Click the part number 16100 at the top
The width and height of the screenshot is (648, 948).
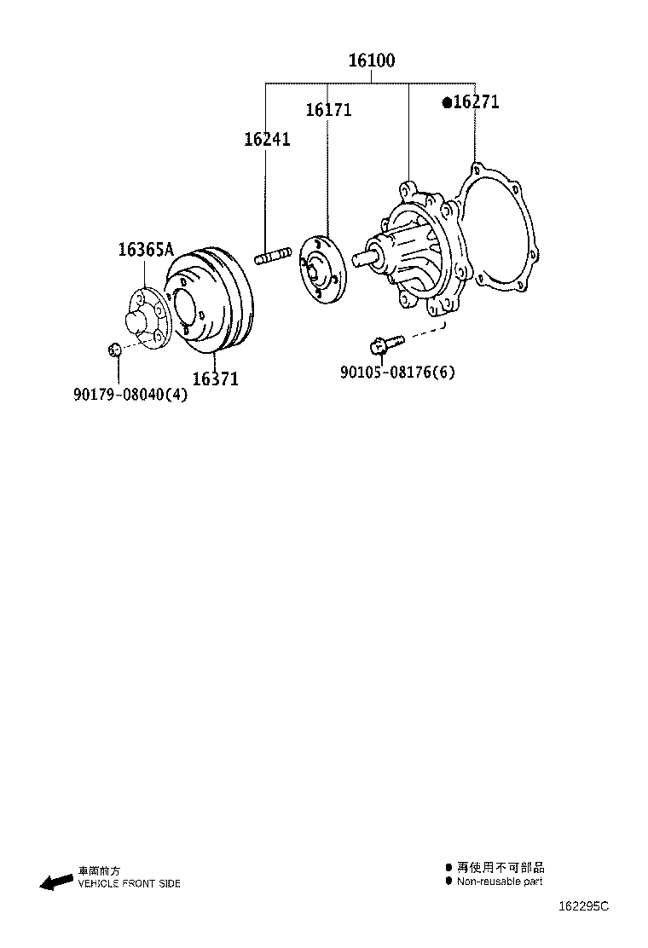point(371,61)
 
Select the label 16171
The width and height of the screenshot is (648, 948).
point(328,110)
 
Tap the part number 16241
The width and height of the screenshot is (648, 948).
point(267,139)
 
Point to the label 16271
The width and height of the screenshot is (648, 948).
point(476,102)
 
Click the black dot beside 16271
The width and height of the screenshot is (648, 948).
point(446,102)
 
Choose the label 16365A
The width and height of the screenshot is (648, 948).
point(145,250)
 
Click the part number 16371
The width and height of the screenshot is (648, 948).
point(215,379)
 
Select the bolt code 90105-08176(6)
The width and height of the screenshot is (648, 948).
point(397,373)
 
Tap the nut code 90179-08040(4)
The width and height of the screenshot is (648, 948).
point(130,394)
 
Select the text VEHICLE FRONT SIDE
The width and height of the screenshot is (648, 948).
point(129,884)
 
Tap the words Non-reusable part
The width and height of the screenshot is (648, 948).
point(499,882)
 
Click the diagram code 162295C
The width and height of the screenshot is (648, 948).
point(584,906)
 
